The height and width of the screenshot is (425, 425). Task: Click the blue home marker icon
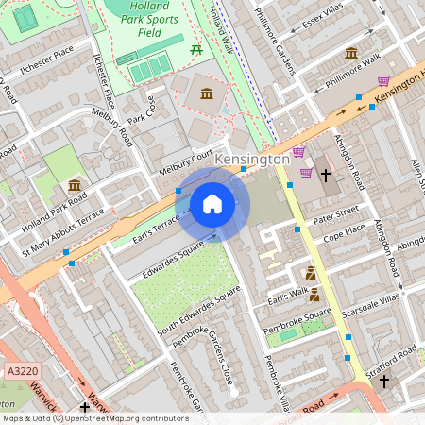point(212,204)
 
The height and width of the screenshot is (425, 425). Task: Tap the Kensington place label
point(252,160)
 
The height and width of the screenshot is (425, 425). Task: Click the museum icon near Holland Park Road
point(75,185)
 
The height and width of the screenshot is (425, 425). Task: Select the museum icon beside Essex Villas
point(351,53)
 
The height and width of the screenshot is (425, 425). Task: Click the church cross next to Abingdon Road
point(326,175)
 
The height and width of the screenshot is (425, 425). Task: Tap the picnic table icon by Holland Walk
point(196,48)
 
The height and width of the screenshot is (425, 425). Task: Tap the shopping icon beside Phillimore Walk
point(383,81)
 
